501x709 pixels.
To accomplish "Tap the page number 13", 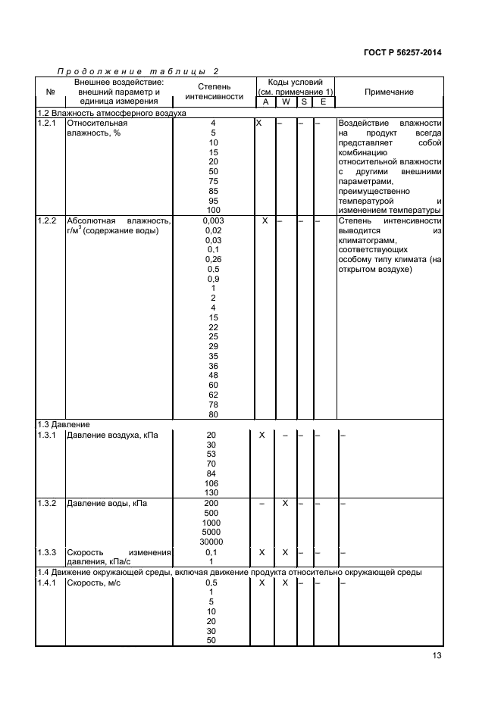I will tap(435, 657).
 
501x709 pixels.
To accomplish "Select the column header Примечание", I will tap(389, 92).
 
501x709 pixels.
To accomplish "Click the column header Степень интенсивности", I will tap(214, 92).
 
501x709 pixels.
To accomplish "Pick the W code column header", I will tap(286, 102).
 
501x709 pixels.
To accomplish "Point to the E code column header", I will tap(323, 102).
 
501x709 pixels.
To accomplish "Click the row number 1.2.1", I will tap(48, 122).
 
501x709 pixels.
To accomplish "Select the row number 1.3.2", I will tap(48, 503).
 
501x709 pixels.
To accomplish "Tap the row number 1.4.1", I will tap(48, 583).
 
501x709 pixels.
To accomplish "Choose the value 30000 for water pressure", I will tap(211, 542).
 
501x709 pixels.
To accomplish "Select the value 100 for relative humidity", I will tap(214, 210).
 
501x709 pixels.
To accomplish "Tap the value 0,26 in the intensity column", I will tap(214, 259).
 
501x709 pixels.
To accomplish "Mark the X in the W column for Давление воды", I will tap(285, 503).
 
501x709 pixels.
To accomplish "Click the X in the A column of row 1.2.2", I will tap(265, 220).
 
